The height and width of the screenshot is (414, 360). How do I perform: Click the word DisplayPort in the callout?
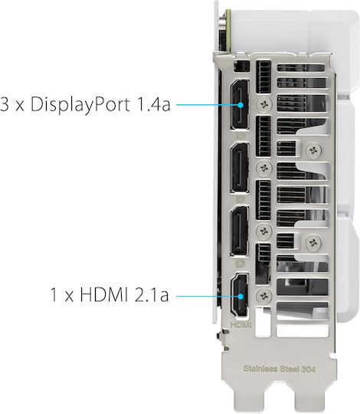click(x=80, y=104)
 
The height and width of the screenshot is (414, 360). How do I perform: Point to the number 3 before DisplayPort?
click(x=5, y=104)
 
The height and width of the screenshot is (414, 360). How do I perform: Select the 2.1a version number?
click(x=152, y=294)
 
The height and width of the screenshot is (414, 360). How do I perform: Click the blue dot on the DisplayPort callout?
click(x=241, y=105)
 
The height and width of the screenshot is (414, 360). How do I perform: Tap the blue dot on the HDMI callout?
click(x=241, y=296)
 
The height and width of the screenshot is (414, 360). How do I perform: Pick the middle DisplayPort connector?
click(x=240, y=168)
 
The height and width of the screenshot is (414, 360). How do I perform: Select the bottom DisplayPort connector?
click(x=240, y=231)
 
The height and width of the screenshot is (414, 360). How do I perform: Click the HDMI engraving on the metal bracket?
click(x=241, y=325)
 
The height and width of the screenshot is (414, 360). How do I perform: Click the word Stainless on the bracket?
click(x=260, y=369)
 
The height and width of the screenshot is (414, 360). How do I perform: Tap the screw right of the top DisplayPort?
click(x=264, y=104)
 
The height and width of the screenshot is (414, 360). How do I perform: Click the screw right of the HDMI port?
click(x=264, y=295)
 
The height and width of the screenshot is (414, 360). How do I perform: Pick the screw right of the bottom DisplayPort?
click(x=264, y=232)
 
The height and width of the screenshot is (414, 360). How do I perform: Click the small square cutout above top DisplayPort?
click(x=241, y=66)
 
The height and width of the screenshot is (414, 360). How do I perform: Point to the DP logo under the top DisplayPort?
click(x=241, y=136)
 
